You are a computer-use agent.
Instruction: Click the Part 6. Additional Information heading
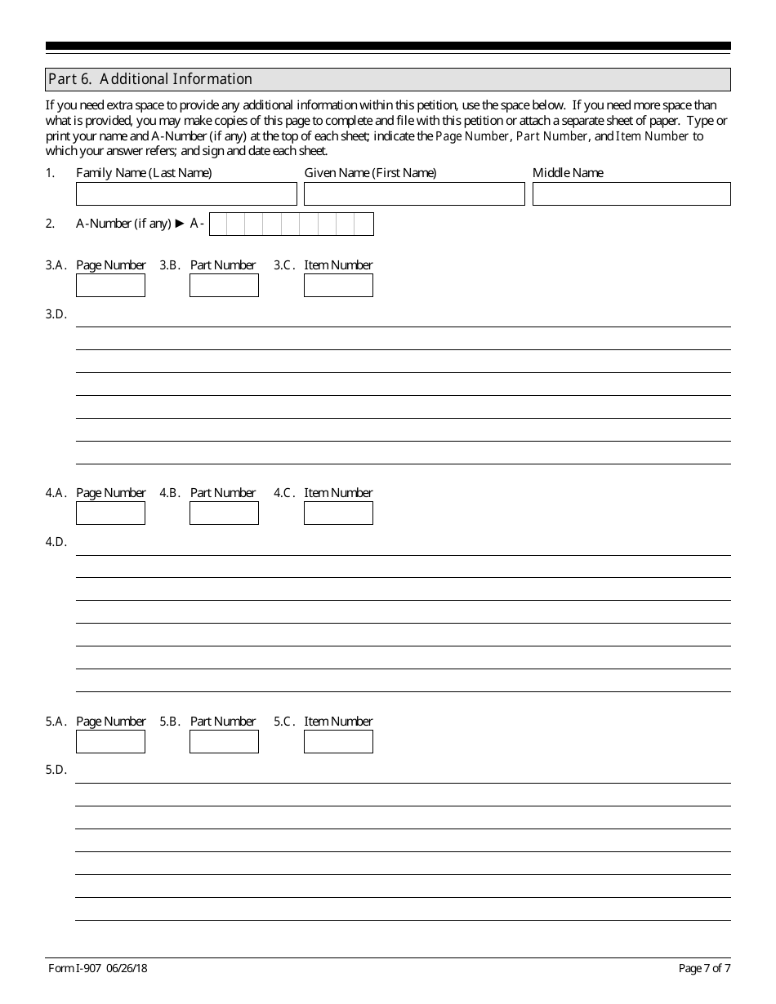click(150, 79)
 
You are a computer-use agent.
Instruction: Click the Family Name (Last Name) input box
click(186, 193)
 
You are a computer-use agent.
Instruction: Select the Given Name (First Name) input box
click(414, 193)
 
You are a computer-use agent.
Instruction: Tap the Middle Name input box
click(631, 193)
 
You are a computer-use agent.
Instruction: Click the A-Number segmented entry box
click(292, 224)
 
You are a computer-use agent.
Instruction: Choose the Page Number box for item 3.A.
click(110, 285)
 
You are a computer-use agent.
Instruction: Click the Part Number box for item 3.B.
click(224, 285)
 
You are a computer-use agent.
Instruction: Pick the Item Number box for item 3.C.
click(338, 285)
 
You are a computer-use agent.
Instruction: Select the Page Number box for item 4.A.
click(110, 513)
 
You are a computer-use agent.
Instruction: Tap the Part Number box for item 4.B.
click(224, 513)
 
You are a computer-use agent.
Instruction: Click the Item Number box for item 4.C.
click(338, 513)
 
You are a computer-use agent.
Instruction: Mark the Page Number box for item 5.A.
click(110, 741)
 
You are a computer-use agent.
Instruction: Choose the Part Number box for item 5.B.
click(224, 741)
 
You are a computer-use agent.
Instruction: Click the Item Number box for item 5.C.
click(338, 741)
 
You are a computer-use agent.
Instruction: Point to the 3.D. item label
click(56, 314)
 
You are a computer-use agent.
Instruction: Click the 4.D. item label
click(56, 542)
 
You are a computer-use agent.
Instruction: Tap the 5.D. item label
click(56, 770)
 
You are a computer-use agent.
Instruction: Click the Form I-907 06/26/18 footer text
click(98, 969)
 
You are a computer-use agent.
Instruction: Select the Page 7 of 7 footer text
click(704, 969)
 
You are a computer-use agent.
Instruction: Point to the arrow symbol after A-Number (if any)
click(181, 223)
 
